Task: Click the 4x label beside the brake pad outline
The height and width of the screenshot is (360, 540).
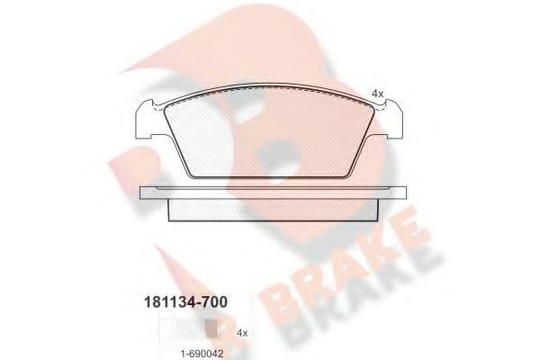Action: (x=378, y=93)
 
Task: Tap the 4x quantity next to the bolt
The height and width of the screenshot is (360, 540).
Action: (x=241, y=332)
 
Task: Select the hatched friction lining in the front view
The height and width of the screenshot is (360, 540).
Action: (x=269, y=135)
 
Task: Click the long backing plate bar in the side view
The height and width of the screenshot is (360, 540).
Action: (x=269, y=191)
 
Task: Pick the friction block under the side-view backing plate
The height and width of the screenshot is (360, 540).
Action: (x=269, y=208)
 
